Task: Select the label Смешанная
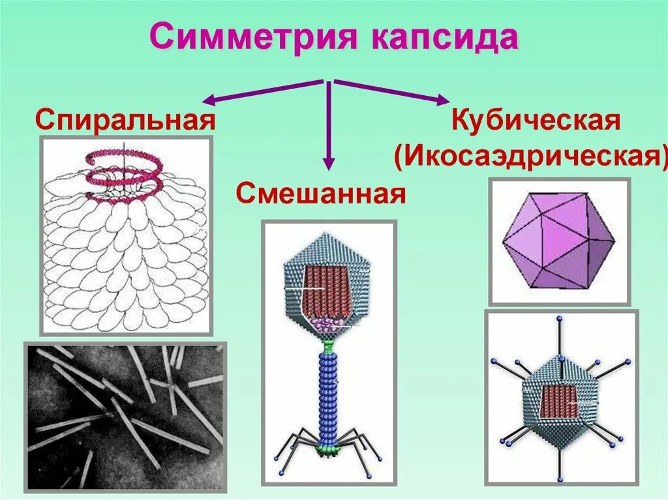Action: click(x=322, y=194)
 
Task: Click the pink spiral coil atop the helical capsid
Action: click(x=124, y=166)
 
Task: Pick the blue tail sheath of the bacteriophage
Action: click(x=327, y=394)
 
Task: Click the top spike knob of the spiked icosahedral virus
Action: click(x=558, y=319)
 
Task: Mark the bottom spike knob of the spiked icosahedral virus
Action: click(x=558, y=479)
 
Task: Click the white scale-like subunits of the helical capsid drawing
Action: click(x=124, y=261)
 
